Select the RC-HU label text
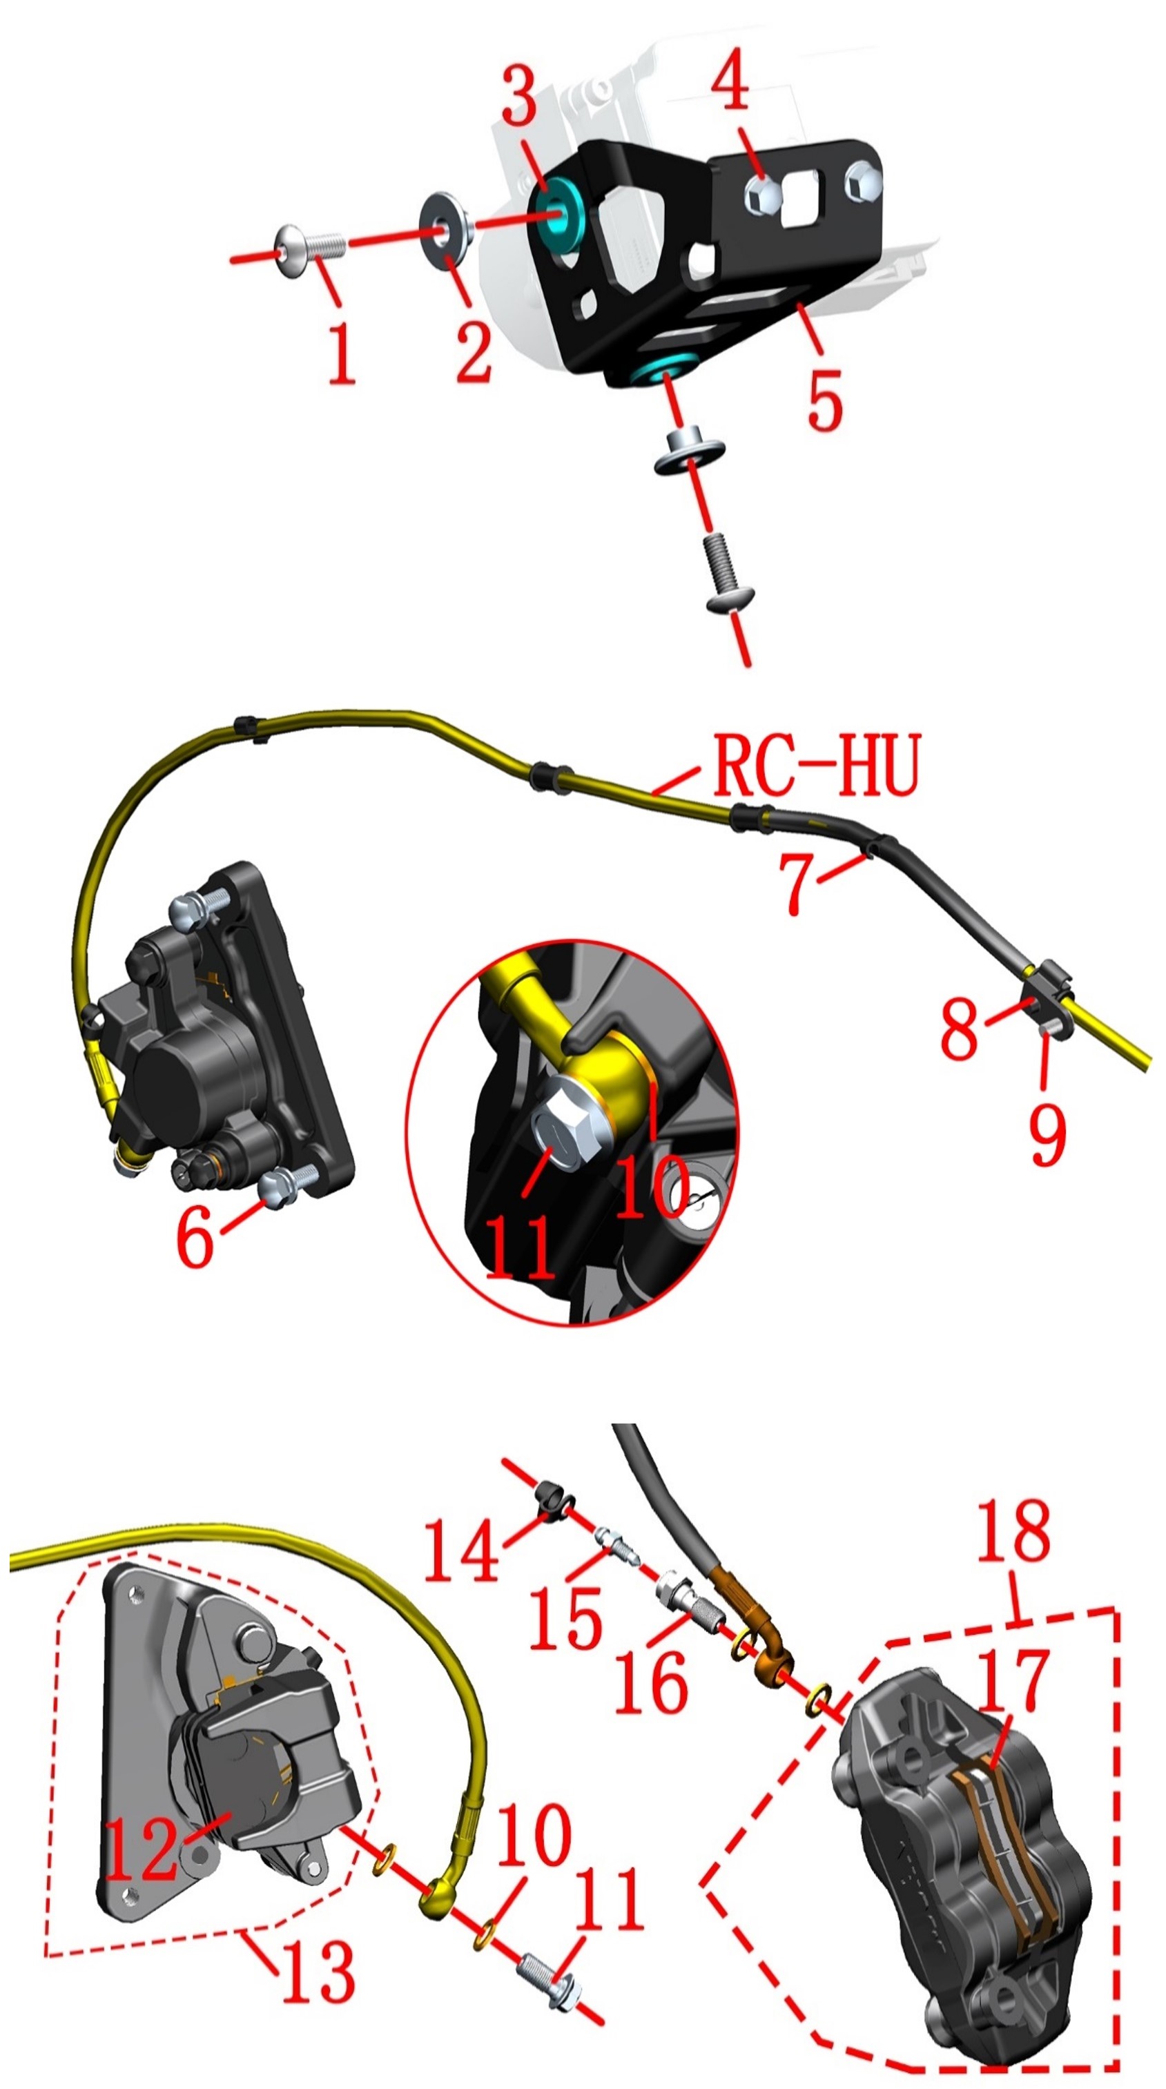(817, 765)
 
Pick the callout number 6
(195, 1236)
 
